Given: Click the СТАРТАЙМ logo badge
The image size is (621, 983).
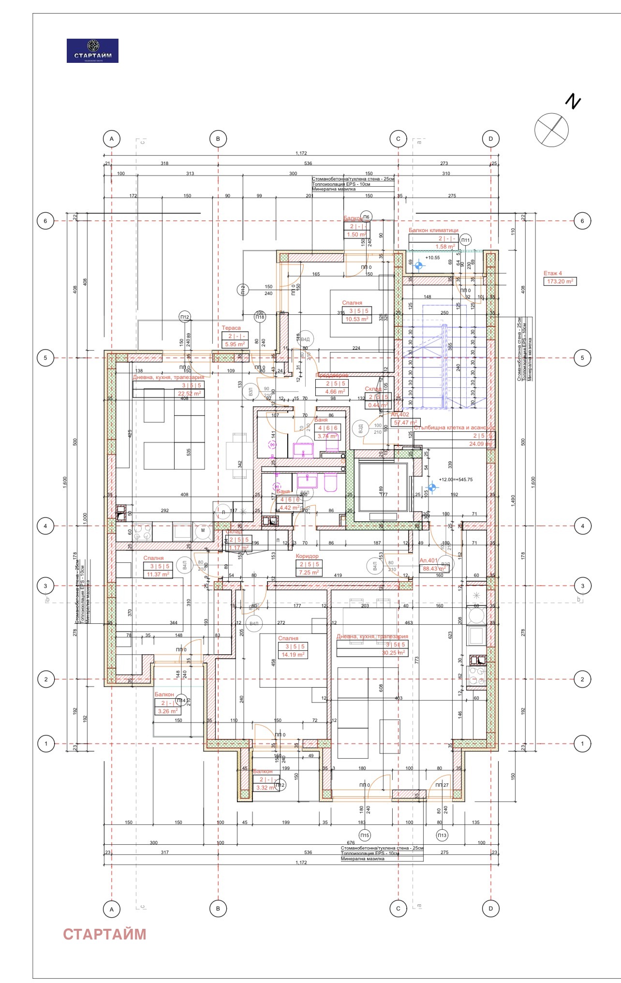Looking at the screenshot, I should (x=92, y=51).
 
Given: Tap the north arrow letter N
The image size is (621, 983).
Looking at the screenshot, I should (x=573, y=102).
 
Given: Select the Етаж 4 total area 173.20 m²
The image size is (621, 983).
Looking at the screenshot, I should (x=561, y=281).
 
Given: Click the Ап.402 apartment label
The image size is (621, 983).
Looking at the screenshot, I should (x=400, y=414).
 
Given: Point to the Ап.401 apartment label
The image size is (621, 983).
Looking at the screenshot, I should (x=429, y=560).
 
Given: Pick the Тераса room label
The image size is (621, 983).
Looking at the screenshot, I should (x=231, y=328).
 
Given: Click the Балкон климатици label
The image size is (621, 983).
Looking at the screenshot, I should (x=433, y=230).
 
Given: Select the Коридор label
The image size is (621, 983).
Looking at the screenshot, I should (x=307, y=556).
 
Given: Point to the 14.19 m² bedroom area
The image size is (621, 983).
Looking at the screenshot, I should (x=293, y=655).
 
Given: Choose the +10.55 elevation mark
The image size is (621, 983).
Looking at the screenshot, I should (x=432, y=258).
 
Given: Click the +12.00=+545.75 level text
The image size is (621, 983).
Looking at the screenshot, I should (x=456, y=480).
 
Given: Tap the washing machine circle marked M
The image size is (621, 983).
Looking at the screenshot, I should (x=203, y=530).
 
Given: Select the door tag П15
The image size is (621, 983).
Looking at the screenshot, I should (x=364, y=835).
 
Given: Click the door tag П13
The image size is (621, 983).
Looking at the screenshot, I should (x=442, y=835).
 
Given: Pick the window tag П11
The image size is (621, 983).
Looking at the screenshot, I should (x=465, y=240).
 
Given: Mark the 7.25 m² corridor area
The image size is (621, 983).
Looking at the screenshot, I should (x=309, y=572).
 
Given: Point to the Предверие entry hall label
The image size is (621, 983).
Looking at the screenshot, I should (x=332, y=375).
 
